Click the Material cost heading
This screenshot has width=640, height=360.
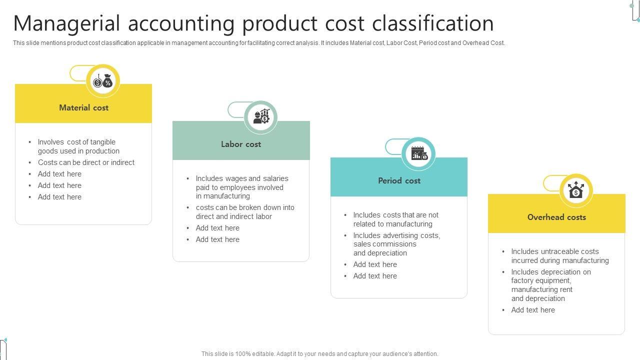tap(83, 107)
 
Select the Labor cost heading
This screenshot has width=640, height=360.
tap(241, 144)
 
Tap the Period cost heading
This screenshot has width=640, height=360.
tap(399, 180)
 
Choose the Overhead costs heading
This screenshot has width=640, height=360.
tap(556, 217)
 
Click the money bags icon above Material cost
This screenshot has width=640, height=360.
tap(102, 81)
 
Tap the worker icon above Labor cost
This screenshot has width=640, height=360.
tap(261, 117)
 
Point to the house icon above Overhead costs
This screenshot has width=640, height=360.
tap(576, 190)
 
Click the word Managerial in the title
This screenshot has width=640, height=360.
tap(67, 23)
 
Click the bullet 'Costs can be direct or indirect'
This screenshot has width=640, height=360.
tap(86, 162)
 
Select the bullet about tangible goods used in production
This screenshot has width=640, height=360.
tap(78, 146)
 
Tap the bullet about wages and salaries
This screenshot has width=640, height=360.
tap(242, 187)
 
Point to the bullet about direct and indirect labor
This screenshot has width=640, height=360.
tap(245, 212)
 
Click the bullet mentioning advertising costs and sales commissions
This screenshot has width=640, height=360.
tap(396, 244)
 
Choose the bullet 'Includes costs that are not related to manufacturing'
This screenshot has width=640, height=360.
tap(395, 219)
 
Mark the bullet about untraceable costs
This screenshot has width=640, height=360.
tap(559, 256)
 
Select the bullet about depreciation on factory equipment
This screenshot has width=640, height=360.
tap(550, 285)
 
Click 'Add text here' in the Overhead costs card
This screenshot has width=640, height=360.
tap(533, 310)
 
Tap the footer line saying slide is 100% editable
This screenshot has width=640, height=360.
tap(320, 354)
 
